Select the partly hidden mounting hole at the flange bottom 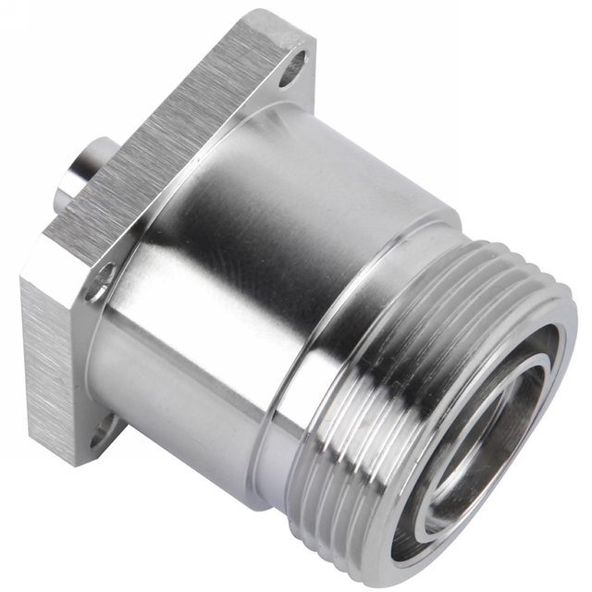[105, 427]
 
